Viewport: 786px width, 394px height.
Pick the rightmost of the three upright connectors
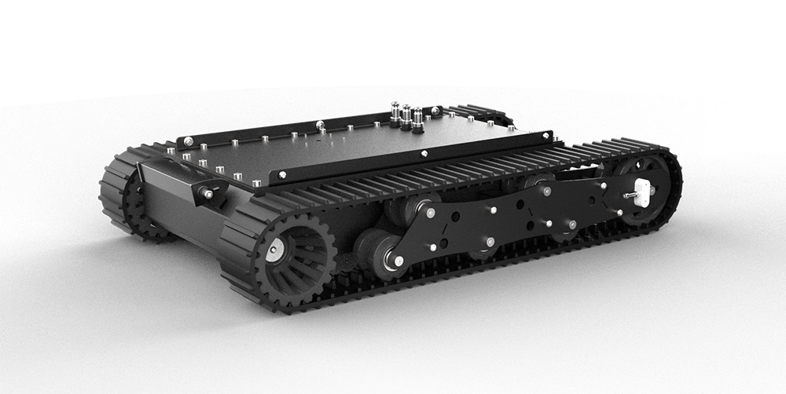coord(417,119)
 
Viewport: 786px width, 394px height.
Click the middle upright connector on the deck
coord(406,116)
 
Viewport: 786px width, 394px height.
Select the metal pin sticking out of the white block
coord(628,194)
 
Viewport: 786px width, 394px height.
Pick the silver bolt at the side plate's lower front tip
coord(400,261)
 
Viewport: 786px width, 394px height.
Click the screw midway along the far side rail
coord(320,124)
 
